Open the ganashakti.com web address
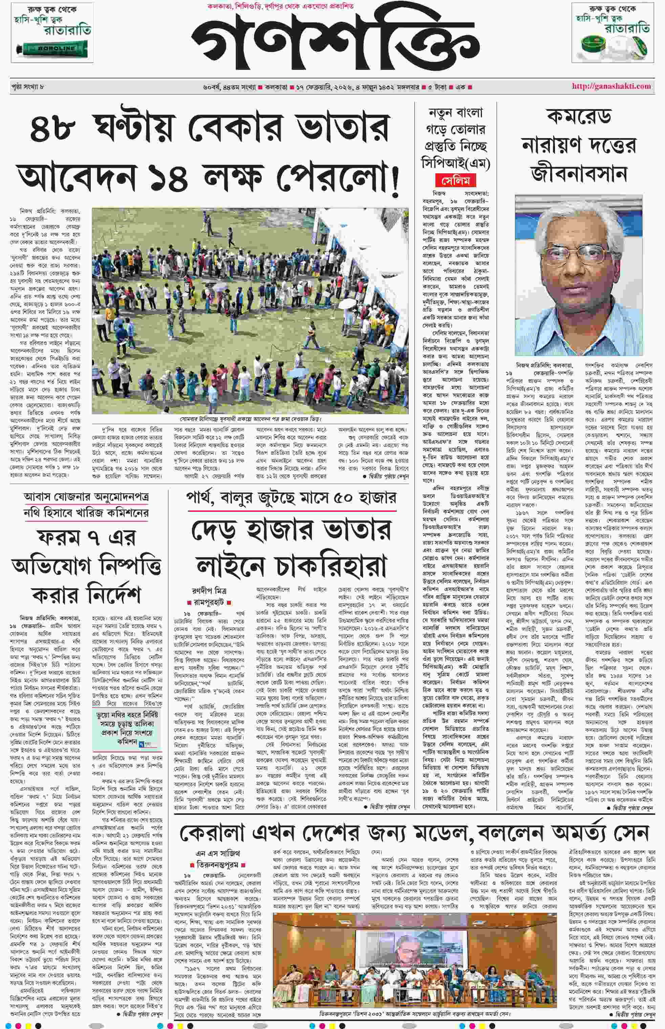tap(611, 86)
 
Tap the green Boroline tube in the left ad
tap(52, 48)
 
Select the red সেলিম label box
tap(455, 180)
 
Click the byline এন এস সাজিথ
tap(218, 853)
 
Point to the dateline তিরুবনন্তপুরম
tap(218, 866)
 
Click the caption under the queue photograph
tap(251, 419)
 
